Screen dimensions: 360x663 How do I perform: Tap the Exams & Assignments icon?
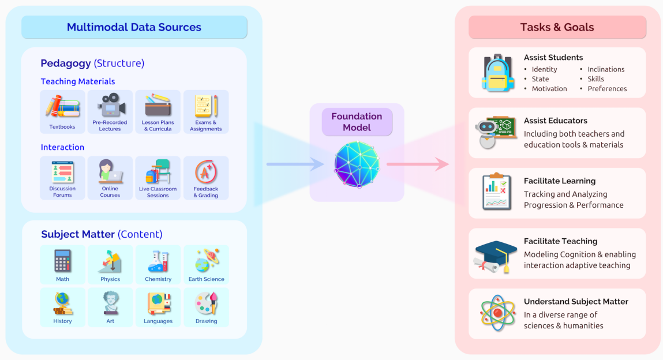click(x=206, y=106)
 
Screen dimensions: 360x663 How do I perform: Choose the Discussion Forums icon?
click(x=62, y=172)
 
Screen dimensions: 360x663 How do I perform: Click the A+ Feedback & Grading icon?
click(x=206, y=172)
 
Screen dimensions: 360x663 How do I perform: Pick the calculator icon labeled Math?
click(x=62, y=261)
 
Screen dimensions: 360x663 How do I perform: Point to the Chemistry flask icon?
click(x=158, y=261)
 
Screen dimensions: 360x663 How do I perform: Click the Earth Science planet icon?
click(x=206, y=261)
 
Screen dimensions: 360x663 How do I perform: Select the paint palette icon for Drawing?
click(x=206, y=303)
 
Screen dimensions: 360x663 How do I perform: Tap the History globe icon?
click(x=62, y=303)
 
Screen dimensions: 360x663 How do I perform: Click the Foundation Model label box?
click(x=357, y=122)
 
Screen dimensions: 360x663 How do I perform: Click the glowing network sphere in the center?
click(x=357, y=164)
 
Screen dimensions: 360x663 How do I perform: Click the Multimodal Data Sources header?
click(x=134, y=27)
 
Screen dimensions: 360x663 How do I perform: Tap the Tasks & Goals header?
click(x=557, y=27)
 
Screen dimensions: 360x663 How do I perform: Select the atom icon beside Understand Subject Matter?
click(x=497, y=313)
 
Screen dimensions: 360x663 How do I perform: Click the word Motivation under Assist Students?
click(x=549, y=89)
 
